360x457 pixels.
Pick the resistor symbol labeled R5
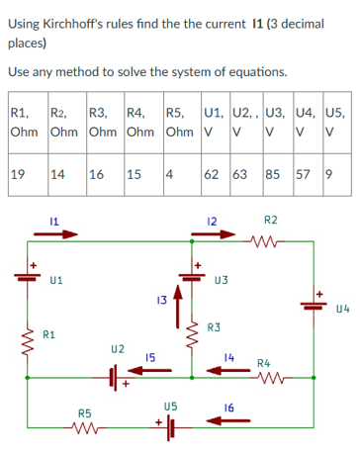[x=84, y=429]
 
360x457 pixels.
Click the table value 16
[x=98, y=174]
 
